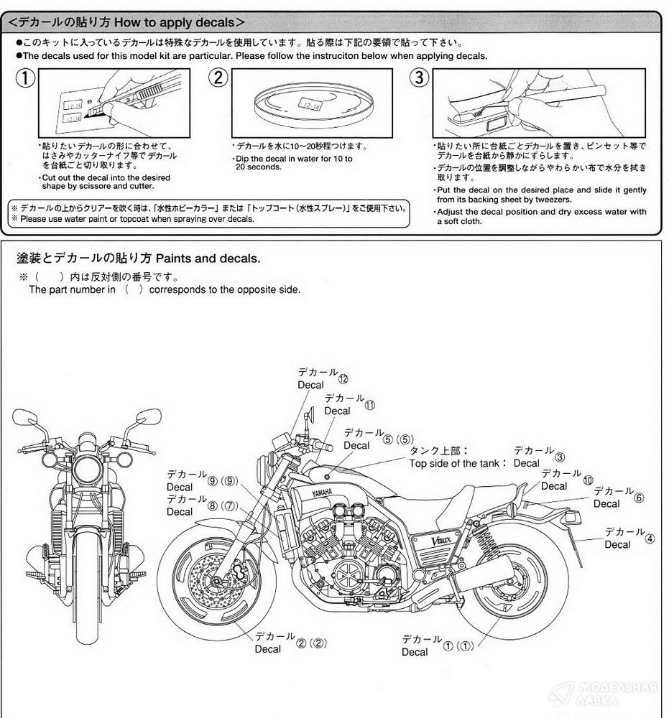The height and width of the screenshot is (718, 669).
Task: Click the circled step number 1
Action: tap(26, 78)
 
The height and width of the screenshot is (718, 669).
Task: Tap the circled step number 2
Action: tap(218, 78)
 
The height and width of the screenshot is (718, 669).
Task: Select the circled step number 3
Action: tap(420, 78)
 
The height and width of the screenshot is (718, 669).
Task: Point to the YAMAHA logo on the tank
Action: tap(321, 493)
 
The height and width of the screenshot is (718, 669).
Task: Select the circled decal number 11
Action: tap(369, 404)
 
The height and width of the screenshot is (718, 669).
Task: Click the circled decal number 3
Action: tap(560, 457)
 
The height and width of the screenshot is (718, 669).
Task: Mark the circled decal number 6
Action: tap(639, 498)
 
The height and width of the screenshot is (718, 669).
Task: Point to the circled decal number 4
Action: tap(650, 538)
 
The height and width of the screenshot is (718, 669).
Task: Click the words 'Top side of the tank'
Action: tap(458, 463)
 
